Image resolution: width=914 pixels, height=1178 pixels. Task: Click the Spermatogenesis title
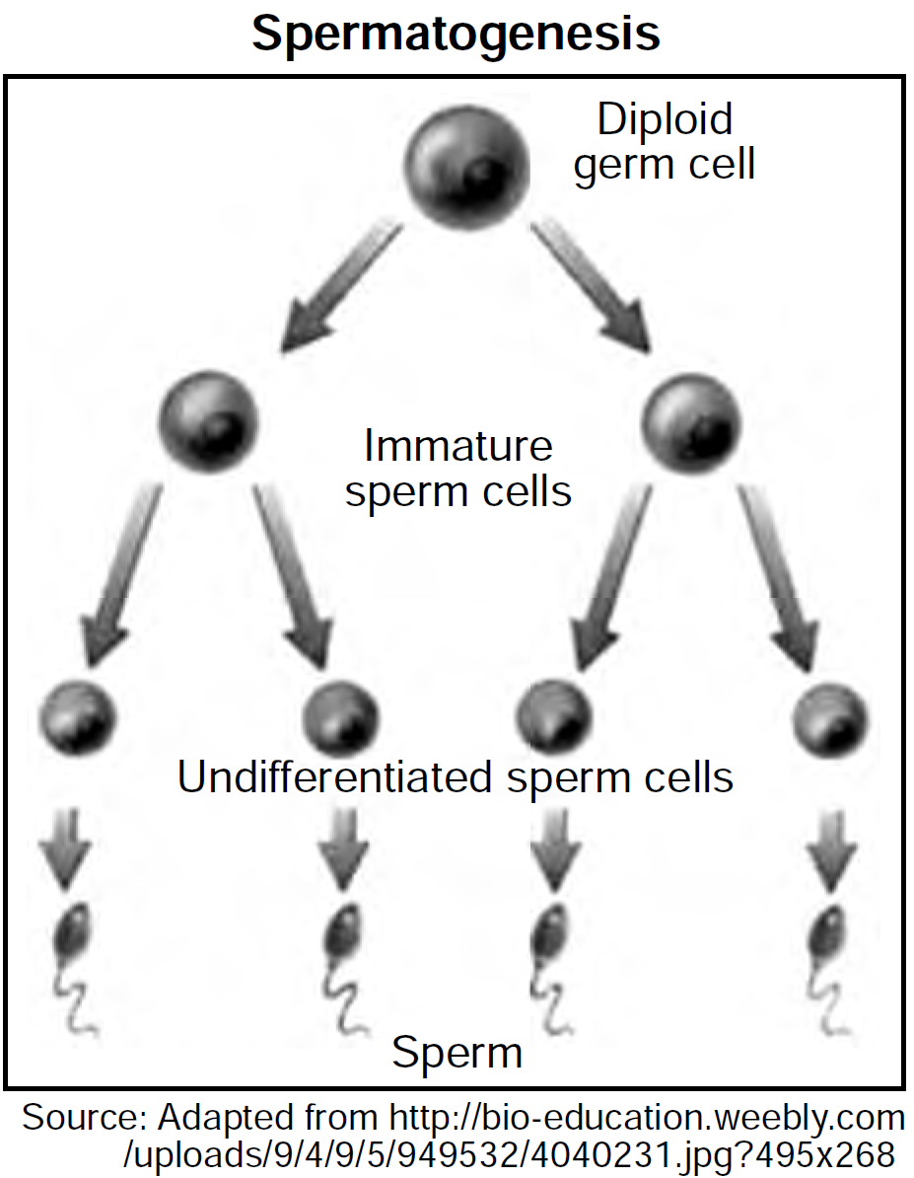[x=456, y=34]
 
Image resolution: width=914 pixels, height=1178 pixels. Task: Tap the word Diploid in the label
[x=665, y=119]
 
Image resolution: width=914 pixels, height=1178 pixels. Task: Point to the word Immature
[x=457, y=446]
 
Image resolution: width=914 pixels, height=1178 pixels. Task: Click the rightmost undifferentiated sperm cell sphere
[x=830, y=717]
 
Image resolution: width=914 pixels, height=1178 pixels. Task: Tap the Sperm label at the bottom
[x=457, y=1052]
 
